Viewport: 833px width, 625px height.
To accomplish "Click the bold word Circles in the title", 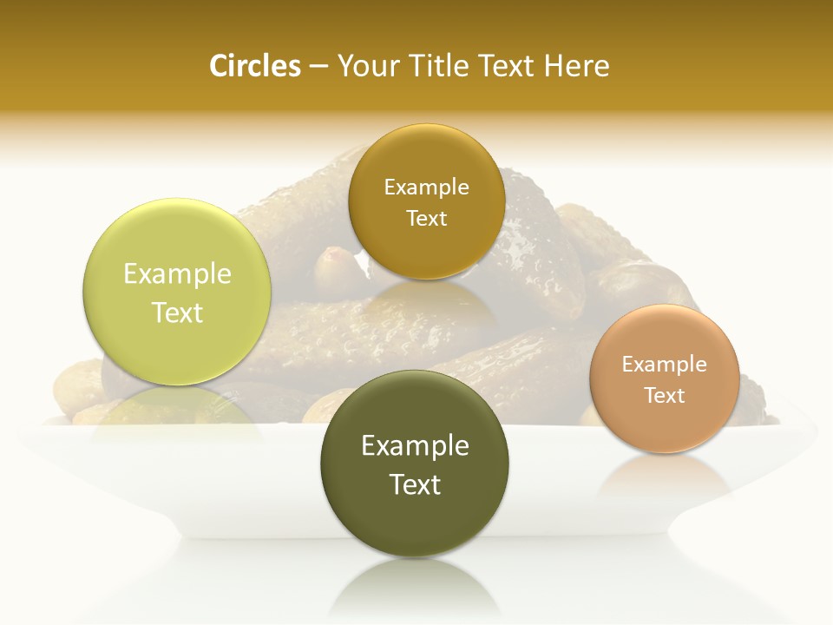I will [x=254, y=66].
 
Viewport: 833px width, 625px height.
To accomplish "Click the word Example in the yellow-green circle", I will [x=177, y=274].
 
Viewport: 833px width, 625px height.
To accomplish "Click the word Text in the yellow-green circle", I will [x=177, y=312].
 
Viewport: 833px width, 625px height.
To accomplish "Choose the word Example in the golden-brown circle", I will [x=426, y=187].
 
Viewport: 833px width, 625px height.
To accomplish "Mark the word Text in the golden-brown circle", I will [x=426, y=219].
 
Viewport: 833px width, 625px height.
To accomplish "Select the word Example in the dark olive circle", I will [x=415, y=446].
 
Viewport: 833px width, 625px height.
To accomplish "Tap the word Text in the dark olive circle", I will [x=415, y=484].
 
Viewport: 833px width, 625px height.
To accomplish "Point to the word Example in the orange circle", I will [x=664, y=365].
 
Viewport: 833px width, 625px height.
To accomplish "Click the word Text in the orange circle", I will [x=664, y=396].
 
